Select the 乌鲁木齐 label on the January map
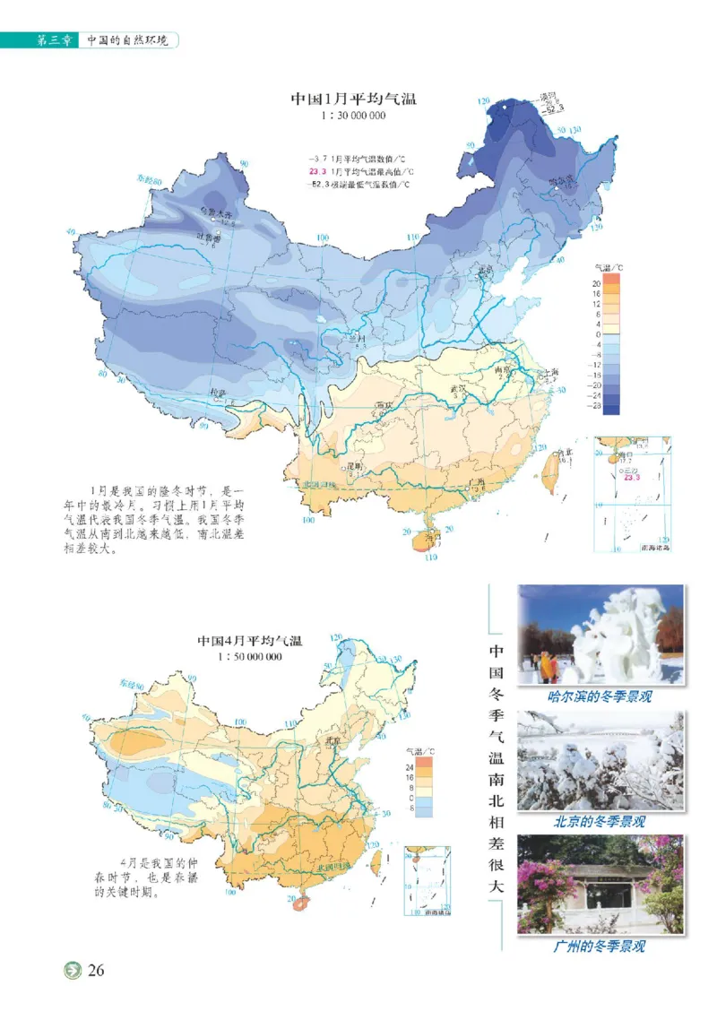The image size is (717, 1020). point(215,215)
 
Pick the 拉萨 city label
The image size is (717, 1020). point(218,393)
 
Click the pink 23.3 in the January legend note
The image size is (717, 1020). point(317,171)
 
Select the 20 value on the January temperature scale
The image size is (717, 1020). point(594,282)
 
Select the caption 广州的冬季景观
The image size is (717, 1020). point(600,946)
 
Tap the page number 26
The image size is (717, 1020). point(97,972)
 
